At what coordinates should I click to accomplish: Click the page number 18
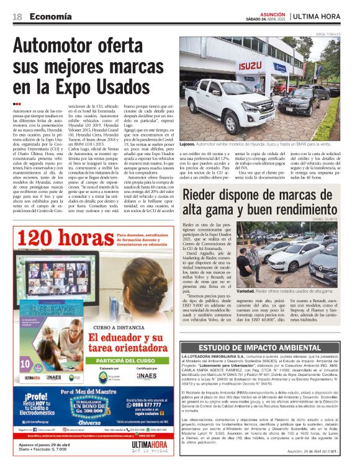point(17,17)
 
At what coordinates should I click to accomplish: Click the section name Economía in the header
point(49,17)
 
